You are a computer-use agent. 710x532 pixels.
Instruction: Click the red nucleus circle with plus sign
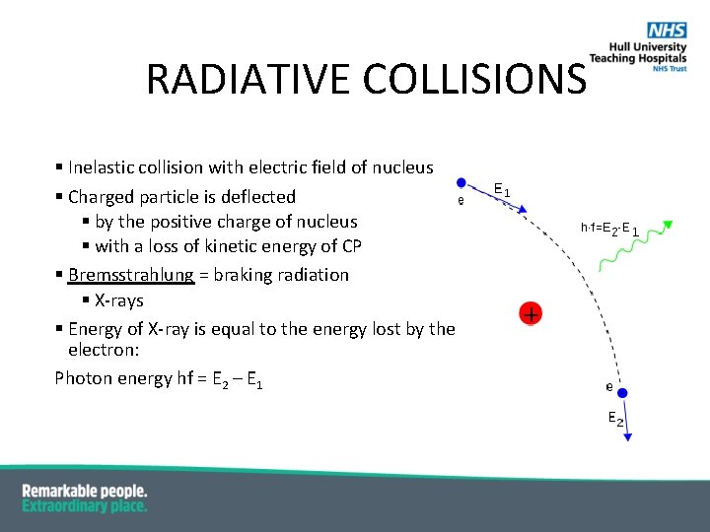(531, 314)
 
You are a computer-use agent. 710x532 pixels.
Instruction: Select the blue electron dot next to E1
(461, 182)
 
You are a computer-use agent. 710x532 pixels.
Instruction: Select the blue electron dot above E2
(622, 393)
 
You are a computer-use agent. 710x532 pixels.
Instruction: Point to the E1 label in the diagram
(501, 190)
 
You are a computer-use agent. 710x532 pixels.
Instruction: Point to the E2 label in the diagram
(614, 420)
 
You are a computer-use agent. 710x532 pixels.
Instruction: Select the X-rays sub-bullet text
(118, 300)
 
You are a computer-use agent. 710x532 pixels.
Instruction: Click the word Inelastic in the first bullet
(104, 168)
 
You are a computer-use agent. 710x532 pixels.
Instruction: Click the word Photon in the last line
(83, 378)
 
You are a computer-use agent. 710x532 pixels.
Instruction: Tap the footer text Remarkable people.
(85, 491)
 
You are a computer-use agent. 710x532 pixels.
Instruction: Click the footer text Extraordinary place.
(85, 505)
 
